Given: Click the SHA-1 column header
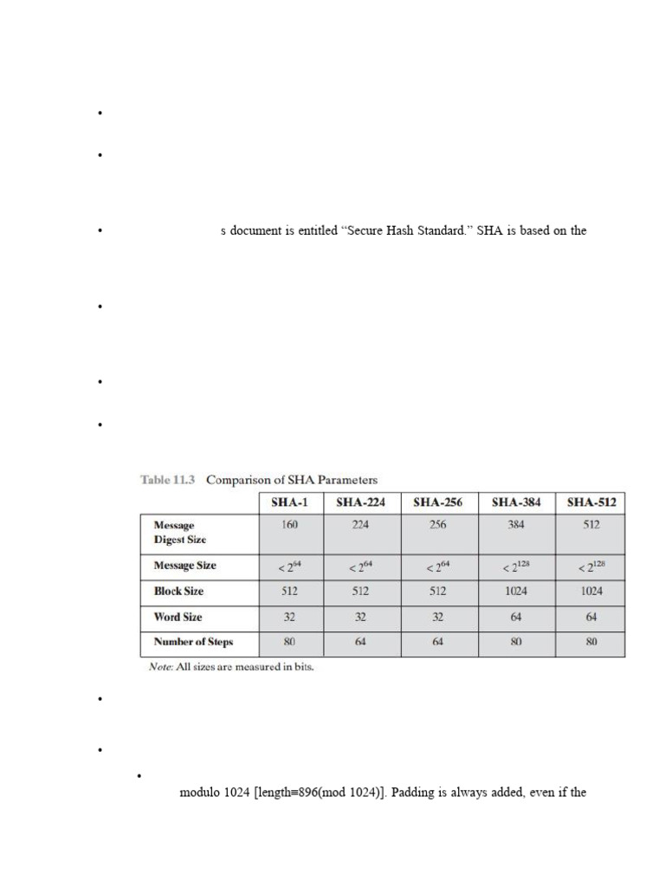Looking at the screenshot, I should tap(291, 502).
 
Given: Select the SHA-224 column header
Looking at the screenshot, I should tap(360, 502).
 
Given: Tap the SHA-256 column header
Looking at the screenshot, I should tap(438, 502).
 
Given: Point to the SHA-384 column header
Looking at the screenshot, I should tap(516, 502).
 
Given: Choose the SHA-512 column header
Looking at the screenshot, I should tap(591, 502).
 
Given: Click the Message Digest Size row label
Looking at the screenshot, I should tap(179, 532).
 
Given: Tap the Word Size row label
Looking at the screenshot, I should tap(179, 618).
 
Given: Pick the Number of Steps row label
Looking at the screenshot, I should tap(193, 643).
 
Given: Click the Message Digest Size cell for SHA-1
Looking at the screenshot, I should tap(291, 525).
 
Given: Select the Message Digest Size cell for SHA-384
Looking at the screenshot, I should tap(516, 525).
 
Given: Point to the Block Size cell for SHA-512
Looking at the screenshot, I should tap(591, 592).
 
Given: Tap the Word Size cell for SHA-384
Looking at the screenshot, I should tap(516, 618).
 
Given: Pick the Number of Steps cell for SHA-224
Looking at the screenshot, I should tap(360, 643).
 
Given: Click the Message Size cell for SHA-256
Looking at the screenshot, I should tap(438, 567).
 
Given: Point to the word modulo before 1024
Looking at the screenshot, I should tap(201, 792).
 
